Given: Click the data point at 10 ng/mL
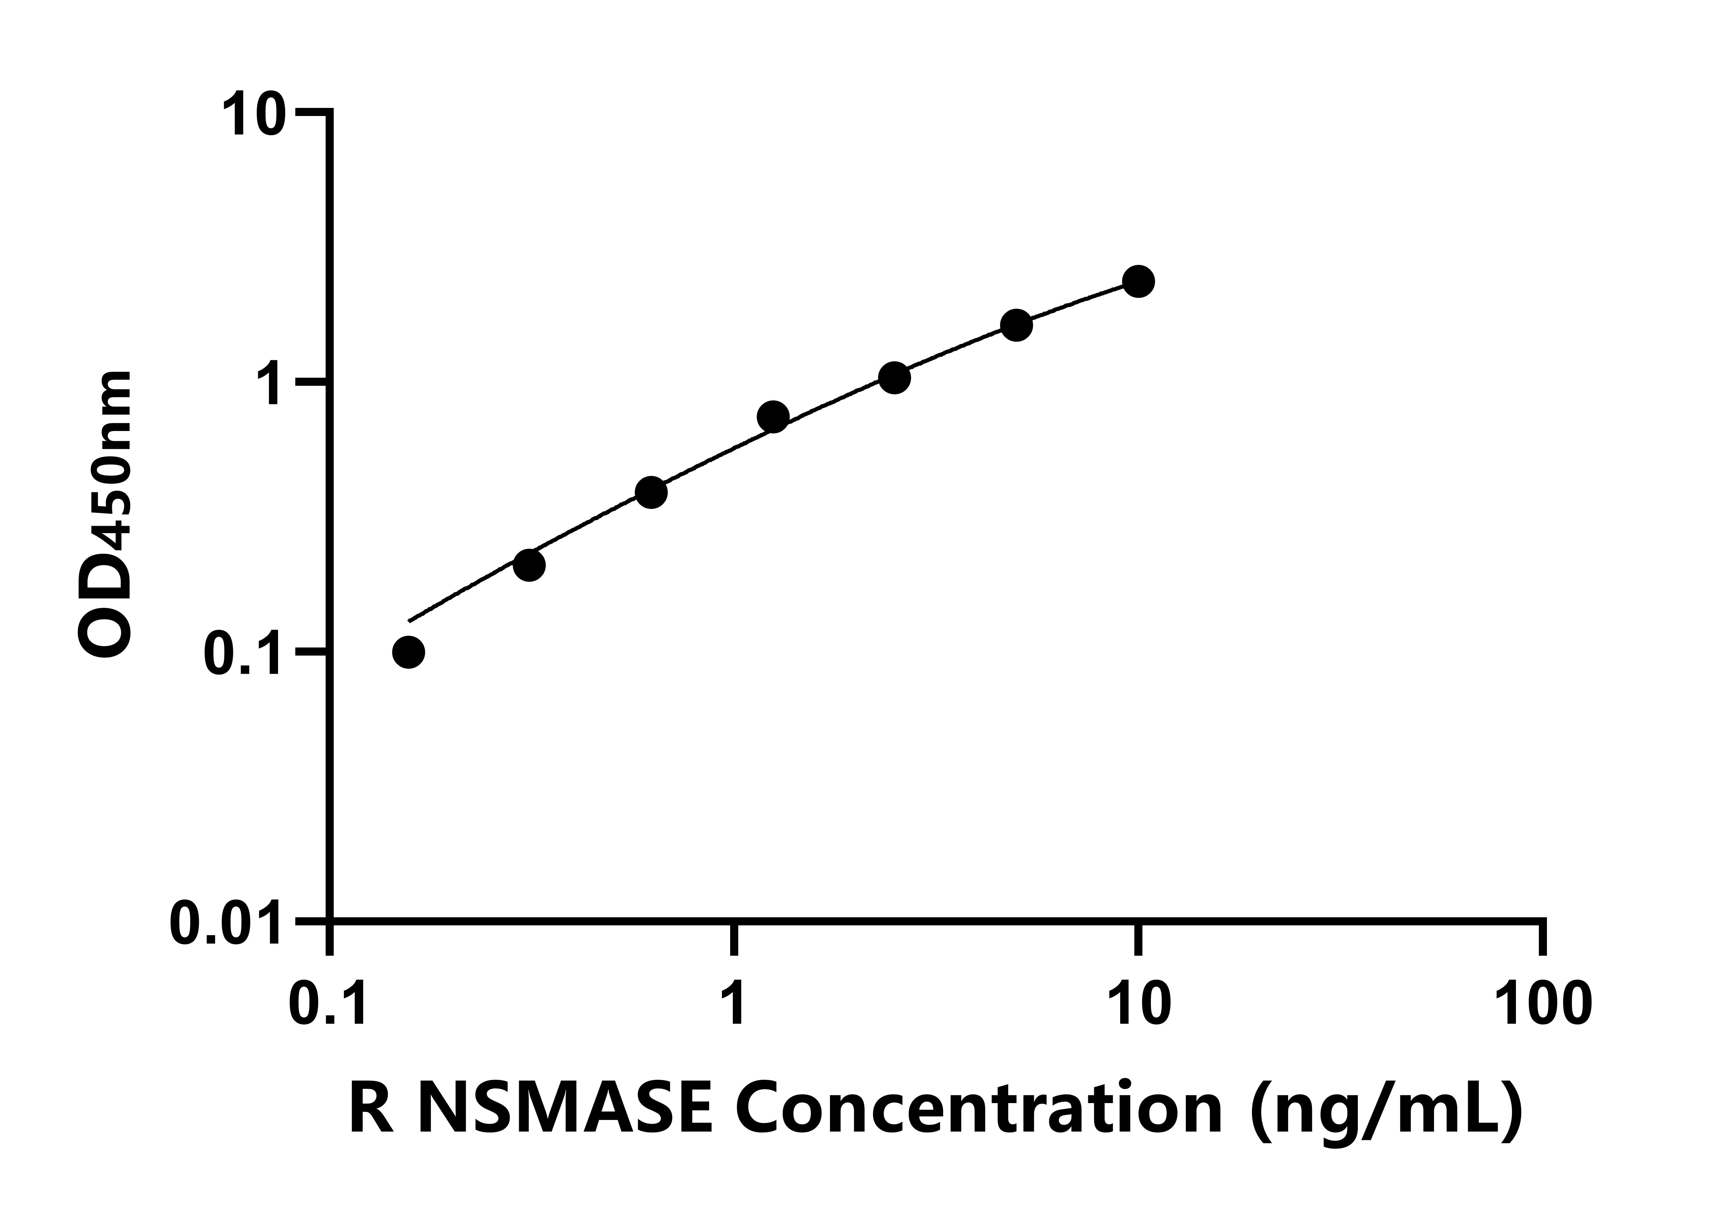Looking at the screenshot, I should click(1138, 282).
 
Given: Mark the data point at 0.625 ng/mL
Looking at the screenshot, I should click(651, 493).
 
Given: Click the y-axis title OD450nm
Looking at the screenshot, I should click(106, 515).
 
